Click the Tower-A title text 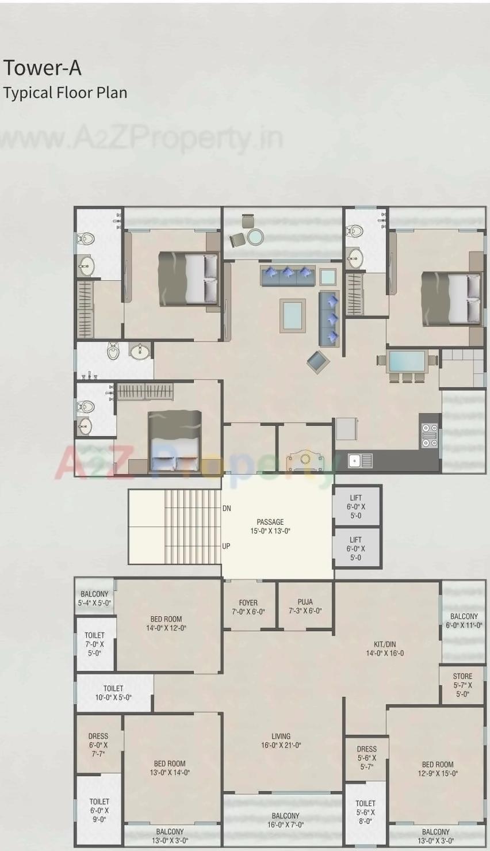pos(42,68)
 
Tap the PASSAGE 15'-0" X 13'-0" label pos(270,526)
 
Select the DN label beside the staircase pos(227,509)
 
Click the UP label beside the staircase pos(226,546)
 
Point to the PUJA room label pos(305,606)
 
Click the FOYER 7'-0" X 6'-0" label pos(248,607)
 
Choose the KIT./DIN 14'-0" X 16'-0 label pos(385,648)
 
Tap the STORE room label pos(462,685)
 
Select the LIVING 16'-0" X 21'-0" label pos(281,741)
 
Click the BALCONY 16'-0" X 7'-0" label pos(286,820)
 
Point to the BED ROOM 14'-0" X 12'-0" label pos(166,624)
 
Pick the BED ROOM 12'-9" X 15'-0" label pos(438,769)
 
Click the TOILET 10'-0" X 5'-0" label pos(113,693)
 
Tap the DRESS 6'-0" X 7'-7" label pos(98,745)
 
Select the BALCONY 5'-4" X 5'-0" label pos(94,598)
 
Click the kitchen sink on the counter pos(354,460)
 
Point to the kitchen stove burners pos(429,435)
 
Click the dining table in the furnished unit pos(407,361)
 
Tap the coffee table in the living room pos(293,315)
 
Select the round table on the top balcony pos(255,236)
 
